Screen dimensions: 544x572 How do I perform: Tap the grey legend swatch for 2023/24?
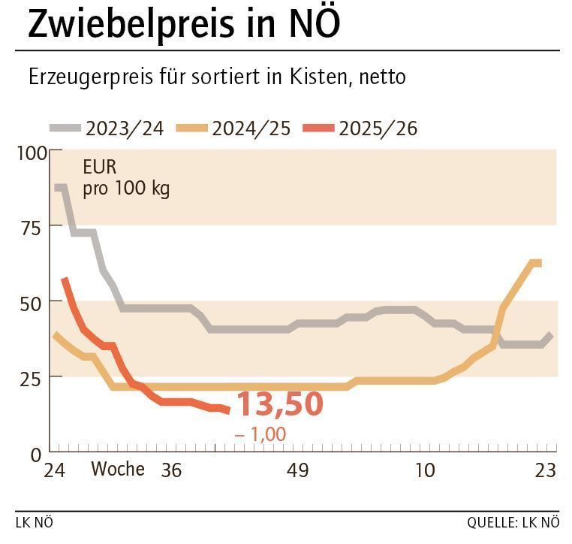(x=66, y=128)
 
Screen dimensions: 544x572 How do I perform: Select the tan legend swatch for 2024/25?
(x=192, y=128)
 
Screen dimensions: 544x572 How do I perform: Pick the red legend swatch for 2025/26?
(x=318, y=128)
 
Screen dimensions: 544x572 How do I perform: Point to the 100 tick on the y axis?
(x=31, y=153)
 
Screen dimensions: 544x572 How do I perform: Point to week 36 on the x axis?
(x=171, y=470)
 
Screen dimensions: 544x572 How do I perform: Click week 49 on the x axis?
(x=297, y=470)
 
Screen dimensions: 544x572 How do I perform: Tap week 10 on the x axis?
(x=425, y=470)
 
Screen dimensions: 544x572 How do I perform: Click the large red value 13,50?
(x=279, y=404)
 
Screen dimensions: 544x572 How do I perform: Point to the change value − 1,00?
(x=260, y=434)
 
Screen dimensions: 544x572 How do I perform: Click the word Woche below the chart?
(x=118, y=470)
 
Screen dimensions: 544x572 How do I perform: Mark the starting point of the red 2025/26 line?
(x=64, y=279)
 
